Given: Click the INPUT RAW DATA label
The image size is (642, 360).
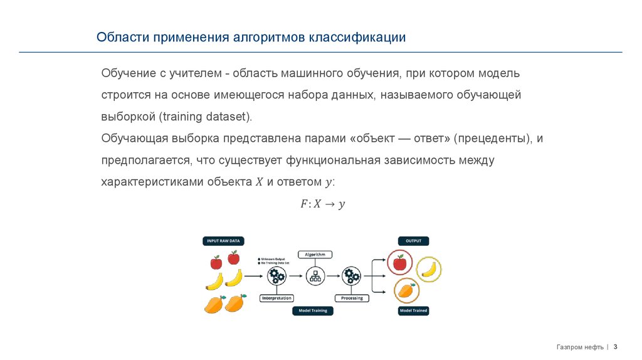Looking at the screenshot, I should pos(223,240).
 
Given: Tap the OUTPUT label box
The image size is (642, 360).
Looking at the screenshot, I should pos(413,240).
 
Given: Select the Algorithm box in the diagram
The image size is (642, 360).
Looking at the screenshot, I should pos(315,254).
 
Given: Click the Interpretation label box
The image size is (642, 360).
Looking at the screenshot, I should pos(276,299).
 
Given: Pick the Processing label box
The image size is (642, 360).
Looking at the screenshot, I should pos(352,299).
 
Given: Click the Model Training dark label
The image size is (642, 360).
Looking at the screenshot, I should pos(313,310).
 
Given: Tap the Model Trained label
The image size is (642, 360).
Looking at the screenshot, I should pos(413,310).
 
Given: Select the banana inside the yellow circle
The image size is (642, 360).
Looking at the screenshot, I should pos(429,268).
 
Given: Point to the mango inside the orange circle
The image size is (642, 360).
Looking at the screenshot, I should pos(406,290).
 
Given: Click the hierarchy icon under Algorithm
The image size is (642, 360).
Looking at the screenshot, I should pos(315,275).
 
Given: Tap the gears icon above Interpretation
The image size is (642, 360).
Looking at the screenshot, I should pos(276,275).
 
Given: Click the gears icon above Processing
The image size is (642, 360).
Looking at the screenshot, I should pos(352,275).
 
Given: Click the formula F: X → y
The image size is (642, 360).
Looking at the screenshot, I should pos(322,204).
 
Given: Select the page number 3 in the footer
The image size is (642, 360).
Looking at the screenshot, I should pos(615,346).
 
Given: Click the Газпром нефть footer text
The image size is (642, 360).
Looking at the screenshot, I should pos(580,347).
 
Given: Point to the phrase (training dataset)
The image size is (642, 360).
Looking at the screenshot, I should pos(205,117).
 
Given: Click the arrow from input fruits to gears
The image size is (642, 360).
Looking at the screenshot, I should pos(253,275).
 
